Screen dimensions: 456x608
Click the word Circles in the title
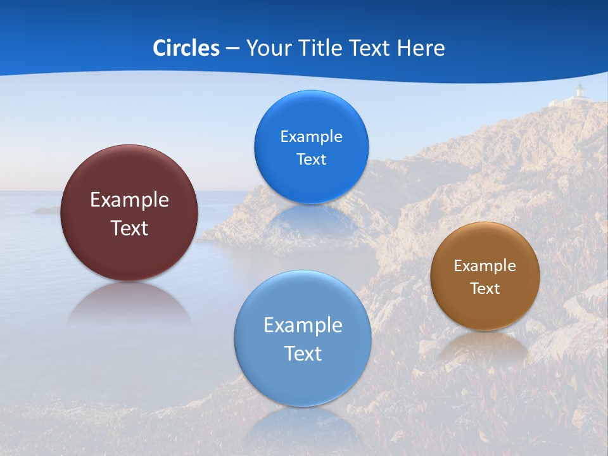point(186,48)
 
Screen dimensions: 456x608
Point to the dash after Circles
point(232,49)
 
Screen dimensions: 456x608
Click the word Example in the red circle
point(129,199)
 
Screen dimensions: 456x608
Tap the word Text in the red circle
point(129,228)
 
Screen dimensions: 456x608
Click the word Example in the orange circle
point(485,266)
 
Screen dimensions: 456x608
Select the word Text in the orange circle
point(485,289)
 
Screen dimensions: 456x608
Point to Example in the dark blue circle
point(311,137)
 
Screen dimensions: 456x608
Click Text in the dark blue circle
point(311,160)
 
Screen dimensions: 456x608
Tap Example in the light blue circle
point(303,326)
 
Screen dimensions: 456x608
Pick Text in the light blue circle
point(303,353)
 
